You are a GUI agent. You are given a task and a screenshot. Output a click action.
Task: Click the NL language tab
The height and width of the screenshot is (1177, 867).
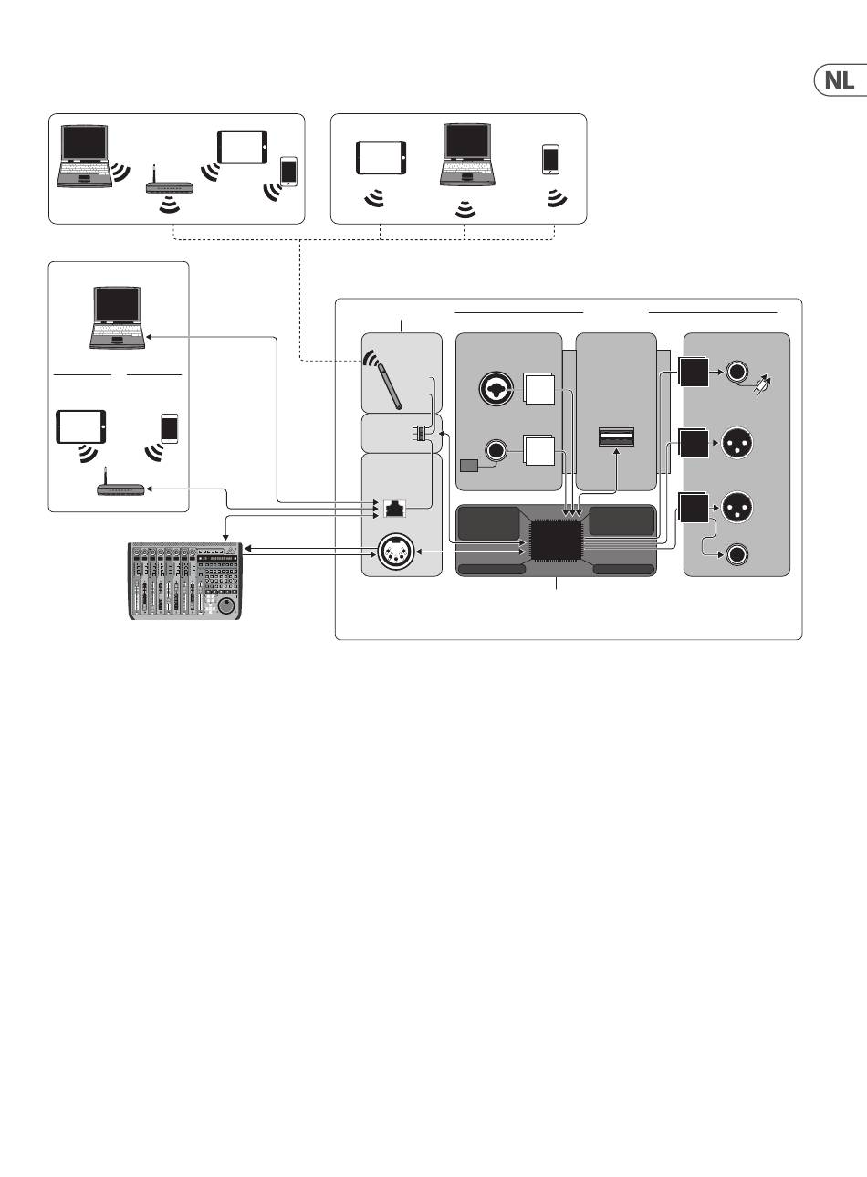coord(841,80)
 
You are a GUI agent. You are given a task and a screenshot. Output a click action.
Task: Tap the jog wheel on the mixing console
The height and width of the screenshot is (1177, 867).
coord(227,605)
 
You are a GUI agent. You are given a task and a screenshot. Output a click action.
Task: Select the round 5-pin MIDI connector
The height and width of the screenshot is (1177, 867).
coord(396,552)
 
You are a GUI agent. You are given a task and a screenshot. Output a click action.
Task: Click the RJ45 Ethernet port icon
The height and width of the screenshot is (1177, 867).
coord(395,509)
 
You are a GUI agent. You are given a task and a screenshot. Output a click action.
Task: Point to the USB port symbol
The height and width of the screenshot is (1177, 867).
coord(616,436)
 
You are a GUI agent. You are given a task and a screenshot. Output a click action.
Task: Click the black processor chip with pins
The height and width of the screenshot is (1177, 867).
coord(556,541)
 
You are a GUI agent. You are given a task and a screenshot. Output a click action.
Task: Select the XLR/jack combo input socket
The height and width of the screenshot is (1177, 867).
coord(495,389)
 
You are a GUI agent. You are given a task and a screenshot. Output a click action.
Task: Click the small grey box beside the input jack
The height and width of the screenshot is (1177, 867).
coord(469,466)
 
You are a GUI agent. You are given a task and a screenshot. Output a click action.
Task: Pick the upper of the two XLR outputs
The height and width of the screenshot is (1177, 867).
coord(737,443)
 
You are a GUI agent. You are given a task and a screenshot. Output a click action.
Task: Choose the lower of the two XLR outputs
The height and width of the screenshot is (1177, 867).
coord(737,507)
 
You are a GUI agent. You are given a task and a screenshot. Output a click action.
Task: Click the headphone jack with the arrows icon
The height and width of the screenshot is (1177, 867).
coord(736,372)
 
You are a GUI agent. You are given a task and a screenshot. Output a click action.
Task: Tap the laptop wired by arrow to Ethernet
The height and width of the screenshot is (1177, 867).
coord(117,318)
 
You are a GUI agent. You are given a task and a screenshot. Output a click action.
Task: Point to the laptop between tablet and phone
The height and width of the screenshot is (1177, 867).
coord(467,154)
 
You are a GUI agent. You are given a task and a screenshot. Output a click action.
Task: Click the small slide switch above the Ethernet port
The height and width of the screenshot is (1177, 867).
coord(421,433)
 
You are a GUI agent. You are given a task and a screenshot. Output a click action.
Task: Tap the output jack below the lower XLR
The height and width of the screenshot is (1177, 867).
coord(736,555)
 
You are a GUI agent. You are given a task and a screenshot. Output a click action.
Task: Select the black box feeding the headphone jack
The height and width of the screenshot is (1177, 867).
coord(694,372)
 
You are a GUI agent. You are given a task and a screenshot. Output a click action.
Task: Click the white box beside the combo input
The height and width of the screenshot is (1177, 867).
coord(539,389)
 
